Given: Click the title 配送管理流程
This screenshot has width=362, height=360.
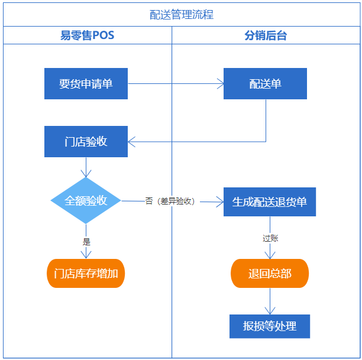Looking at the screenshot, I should click(182, 15).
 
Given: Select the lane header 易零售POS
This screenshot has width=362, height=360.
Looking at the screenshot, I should click(87, 35).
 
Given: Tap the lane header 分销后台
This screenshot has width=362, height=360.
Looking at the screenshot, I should click(266, 35).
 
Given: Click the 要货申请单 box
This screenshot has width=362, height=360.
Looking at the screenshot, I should click(86, 83).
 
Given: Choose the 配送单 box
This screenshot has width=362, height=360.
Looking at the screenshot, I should click(265, 83).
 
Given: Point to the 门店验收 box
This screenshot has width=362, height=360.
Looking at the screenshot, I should click(86, 142).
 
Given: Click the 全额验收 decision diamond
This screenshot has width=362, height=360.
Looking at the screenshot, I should click(86, 201).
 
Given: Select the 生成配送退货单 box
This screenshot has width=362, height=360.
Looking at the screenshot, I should click(269, 202).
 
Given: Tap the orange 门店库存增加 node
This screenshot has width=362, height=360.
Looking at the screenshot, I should click(86, 273).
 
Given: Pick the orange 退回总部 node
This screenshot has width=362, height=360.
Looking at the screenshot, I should click(270, 274).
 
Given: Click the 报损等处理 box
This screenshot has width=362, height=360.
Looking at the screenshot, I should click(270, 326).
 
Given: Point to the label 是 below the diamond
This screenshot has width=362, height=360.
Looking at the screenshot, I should click(86, 241).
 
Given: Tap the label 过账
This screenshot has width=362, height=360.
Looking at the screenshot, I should click(270, 238).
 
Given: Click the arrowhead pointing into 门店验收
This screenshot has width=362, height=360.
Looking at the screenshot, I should click(132, 142).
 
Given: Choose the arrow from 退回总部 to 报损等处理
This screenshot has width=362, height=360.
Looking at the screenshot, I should click(270, 301).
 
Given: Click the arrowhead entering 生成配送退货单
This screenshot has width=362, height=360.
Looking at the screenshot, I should click(219, 202).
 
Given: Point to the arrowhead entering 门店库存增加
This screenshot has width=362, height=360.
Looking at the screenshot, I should click(86, 255).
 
